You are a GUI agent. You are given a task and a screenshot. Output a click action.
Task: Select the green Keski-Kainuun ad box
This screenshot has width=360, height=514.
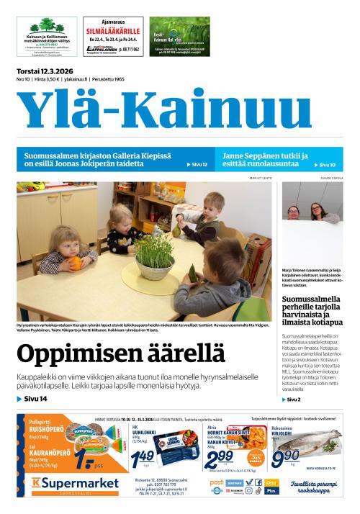(x=179, y=37)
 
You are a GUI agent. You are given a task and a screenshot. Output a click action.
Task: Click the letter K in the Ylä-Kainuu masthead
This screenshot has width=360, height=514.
(x=170, y=109)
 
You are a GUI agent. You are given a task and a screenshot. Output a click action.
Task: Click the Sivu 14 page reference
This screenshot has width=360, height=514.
(x=33, y=399)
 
